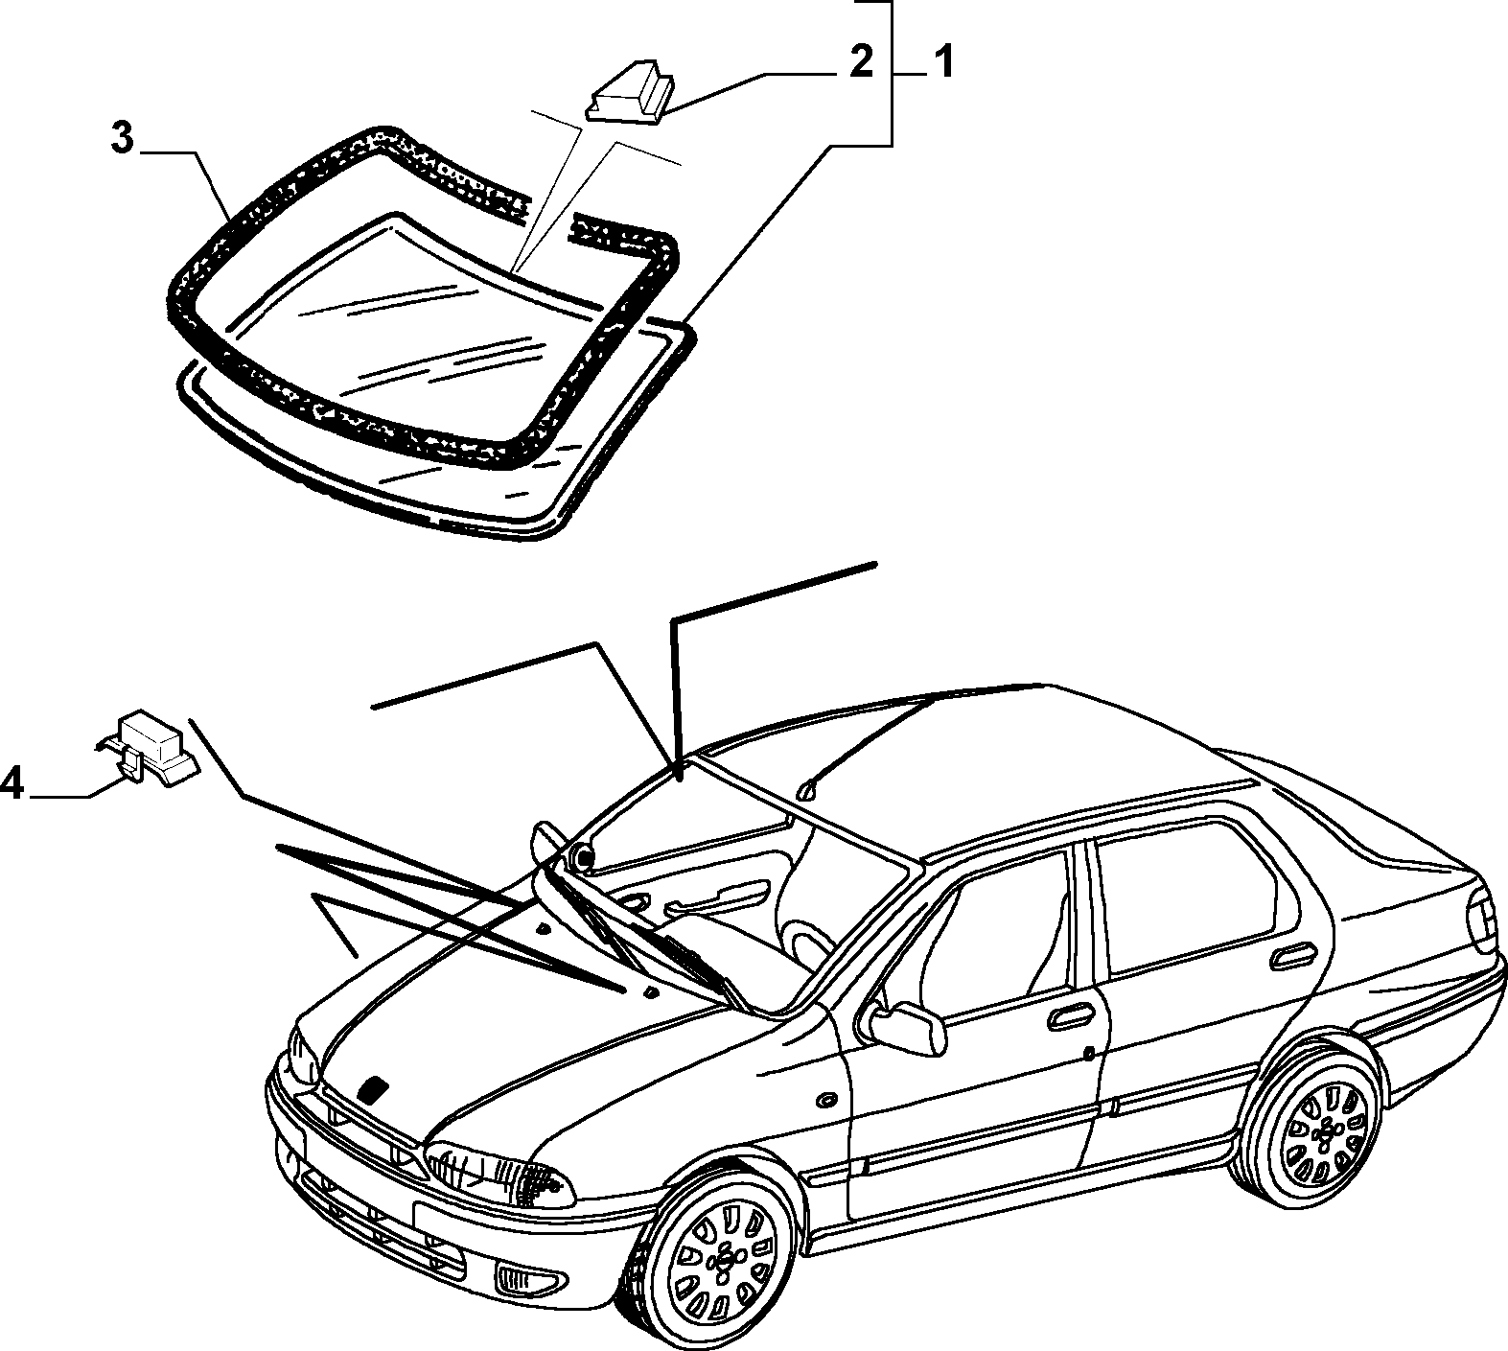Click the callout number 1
(942, 64)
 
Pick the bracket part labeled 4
(148, 745)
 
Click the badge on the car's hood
(371, 1088)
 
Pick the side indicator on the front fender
(824, 1097)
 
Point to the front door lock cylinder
(1090, 1054)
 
